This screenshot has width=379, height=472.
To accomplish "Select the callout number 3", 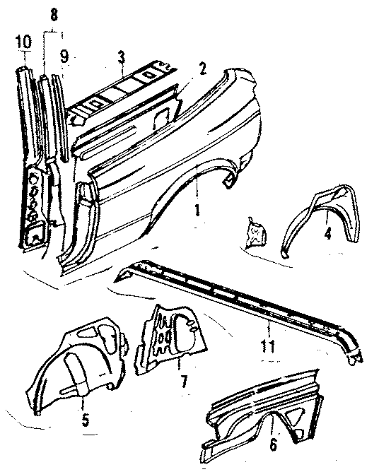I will (122, 56).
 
